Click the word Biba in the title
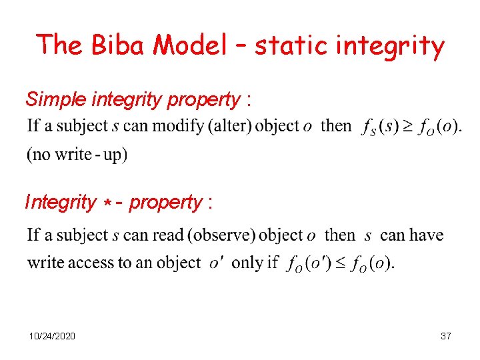121,45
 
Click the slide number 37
446,336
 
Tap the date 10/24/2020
52,336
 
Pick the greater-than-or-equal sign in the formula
405,126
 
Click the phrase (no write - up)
77,155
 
